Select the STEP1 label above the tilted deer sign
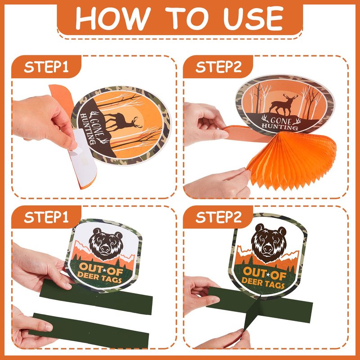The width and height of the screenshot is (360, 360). [x=46, y=67]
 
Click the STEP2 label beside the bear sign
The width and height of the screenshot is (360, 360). [x=218, y=217]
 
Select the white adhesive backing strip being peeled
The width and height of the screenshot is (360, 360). [x=83, y=158]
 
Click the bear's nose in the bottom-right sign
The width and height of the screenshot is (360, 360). [x=267, y=249]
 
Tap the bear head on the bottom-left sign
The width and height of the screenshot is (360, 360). [x=106, y=244]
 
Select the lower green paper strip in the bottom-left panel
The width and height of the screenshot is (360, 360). [x=89, y=331]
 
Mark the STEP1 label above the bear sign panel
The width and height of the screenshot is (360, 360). [x=46, y=217]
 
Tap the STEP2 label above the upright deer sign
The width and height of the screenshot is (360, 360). [x=218, y=67]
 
